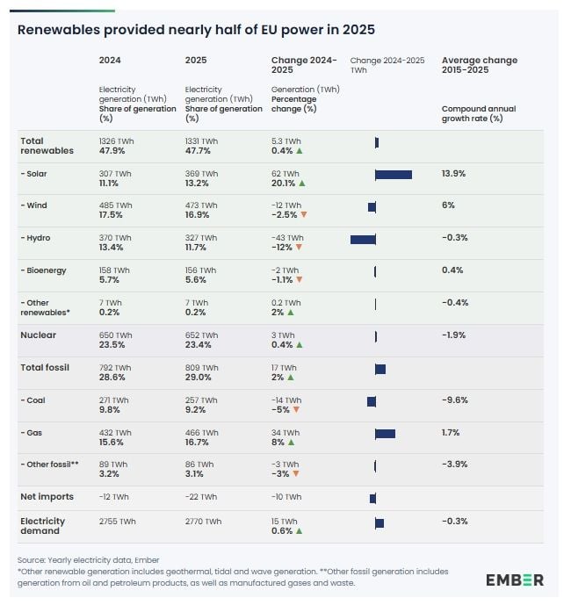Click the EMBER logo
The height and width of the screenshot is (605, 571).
click(x=514, y=580)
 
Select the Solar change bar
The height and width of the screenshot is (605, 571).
click(x=393, y=174)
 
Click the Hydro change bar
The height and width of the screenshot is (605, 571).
click(x=363, y=239)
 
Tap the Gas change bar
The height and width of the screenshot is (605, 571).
click(x=385, y=433)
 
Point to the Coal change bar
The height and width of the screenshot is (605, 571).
click(x=372, y=401)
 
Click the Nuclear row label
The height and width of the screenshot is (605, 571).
click(x=38, y=335)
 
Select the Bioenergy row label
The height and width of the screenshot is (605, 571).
click(x=45, y=270)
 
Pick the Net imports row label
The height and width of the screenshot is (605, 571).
click(x=47, y=497)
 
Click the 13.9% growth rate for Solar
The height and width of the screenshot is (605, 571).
click(x=453, y=174)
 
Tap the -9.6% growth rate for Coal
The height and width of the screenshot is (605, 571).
click(x=454, y=400)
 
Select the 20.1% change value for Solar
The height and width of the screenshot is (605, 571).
click(x=284, y=184)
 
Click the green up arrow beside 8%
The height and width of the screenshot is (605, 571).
click(x=291, y=443)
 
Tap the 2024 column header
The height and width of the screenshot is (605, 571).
click(x=110, y=61)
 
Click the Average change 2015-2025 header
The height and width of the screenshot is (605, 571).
click(x=479, y=65)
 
